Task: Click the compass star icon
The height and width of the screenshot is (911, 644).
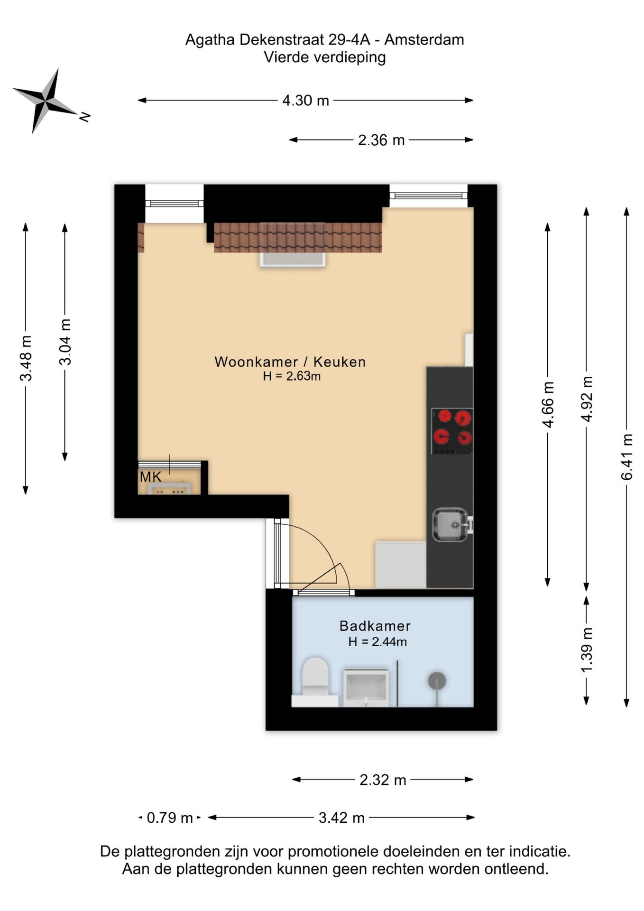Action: (46, 101)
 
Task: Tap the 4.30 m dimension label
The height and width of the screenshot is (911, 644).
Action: (305, 101)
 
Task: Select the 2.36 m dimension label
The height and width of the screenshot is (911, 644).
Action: (381, 140)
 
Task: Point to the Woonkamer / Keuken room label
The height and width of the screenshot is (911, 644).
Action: (290, 362)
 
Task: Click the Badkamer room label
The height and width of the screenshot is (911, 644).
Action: (375, 626)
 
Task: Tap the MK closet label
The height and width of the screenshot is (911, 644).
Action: (151, 477)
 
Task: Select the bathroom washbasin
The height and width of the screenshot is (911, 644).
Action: (366, 688)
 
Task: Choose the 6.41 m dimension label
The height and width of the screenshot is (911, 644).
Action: (627, 456)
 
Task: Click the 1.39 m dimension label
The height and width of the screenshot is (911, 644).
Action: (587, 650)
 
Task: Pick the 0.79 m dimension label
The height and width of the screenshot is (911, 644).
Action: (170, 818)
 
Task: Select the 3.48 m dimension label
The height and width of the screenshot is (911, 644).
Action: (26, 358)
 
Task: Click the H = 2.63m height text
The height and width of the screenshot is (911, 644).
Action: (292, 376)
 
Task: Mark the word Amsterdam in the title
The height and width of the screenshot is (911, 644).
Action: (424, 39)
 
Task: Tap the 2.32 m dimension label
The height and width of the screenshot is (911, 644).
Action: (383, 780)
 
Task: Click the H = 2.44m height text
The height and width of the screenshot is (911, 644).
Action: (377, 642)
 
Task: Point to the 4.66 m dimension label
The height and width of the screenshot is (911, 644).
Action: (548, 404)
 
